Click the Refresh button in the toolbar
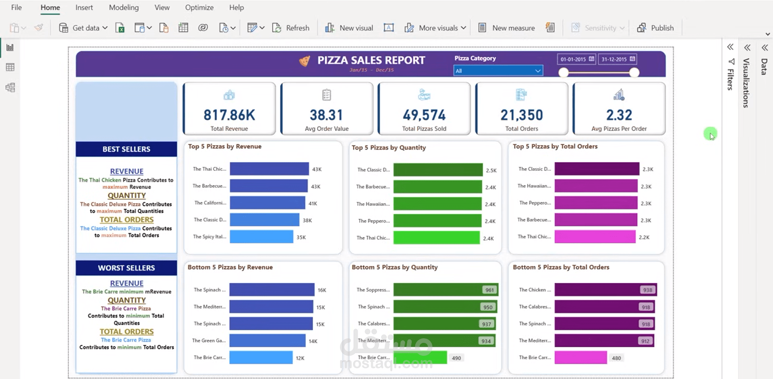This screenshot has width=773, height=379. tap(291, 28)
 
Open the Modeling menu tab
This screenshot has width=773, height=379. tap(124, 8)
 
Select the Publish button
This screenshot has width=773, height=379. tap(655, 28)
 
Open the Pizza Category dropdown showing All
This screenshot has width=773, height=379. tap(498, 71)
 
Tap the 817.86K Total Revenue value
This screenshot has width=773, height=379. tap(229, 115)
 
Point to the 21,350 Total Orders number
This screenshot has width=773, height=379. tap(522, 115)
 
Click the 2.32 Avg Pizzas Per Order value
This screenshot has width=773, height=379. tap(619, 115)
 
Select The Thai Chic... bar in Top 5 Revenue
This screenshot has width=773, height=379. tap(269, 169)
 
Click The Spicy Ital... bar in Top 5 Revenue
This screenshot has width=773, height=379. tap(261, 237)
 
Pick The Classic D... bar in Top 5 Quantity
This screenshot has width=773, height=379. tap(438, 170)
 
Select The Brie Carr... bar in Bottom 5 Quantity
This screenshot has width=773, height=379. tap(420, 358)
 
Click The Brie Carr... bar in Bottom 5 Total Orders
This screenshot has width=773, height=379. tap(580, 358)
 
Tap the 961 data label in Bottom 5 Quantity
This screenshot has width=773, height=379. tap(489, 290)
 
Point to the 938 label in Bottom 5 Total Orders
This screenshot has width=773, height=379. tap(648, 290)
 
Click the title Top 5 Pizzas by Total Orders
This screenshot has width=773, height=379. tap(555, 147)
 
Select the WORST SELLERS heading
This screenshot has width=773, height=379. tap(126, 268)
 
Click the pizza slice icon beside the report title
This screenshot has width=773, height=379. tap(305, 61)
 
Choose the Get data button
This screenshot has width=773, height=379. tap(83, 28)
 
